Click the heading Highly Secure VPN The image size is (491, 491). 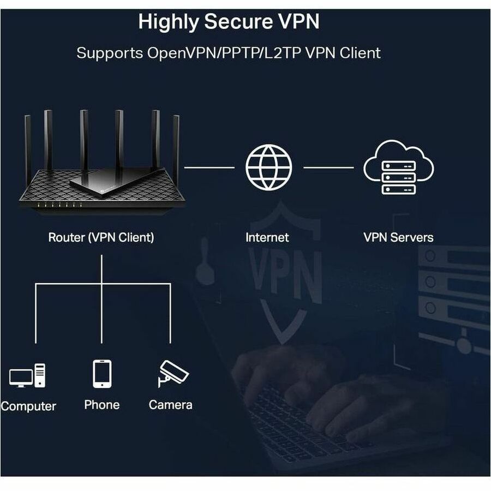coord(229,22)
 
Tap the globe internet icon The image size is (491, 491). coord(268,166)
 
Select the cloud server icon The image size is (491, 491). coord(398,167)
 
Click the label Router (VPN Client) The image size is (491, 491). coord(101,237)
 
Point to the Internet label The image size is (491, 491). coord(267,237)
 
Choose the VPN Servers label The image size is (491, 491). coord(398,237)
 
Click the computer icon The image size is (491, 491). coord(27,375)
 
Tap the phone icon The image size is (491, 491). coord(102,374)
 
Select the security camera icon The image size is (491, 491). coord(172,373)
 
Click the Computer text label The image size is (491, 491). coord(28,406)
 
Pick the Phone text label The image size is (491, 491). coord(102,405)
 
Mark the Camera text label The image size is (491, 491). coord(171,405)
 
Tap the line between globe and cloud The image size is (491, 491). coord(328,167)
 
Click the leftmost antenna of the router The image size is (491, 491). coord(28,142)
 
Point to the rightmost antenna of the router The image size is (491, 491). coord(176,142)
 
